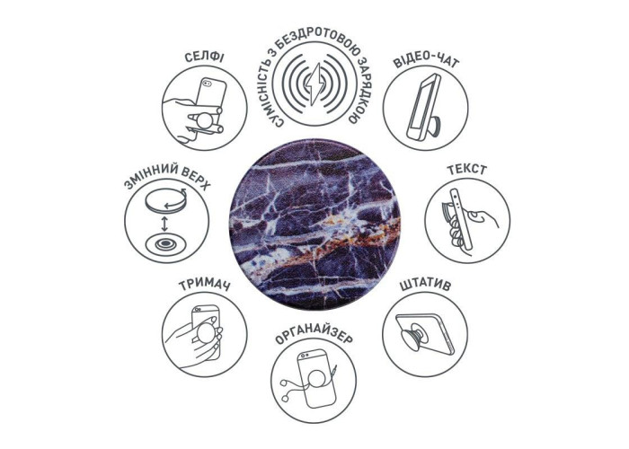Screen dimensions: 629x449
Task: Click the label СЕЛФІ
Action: pyautogui.click(x=204, y=57)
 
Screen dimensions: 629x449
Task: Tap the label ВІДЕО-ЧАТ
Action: pyautogui.click(x=425, y=61)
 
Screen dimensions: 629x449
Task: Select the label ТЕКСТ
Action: pyautogui.click(x=467, y=170)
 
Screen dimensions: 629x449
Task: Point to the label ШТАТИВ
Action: pyautogui.click(x=425, y=286)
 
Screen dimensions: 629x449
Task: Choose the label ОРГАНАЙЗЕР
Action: pyautogui.click(x=314, y=338)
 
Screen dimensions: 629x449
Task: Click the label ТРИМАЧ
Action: pyautogui.click(x=204, y=286)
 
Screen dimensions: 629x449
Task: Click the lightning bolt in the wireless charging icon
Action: pyautogui.click(x=314, y=84)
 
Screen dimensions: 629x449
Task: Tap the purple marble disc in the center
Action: pyautogui.click(x=314, y=224)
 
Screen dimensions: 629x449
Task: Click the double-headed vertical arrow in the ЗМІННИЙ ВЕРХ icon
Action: pyautogui.click(x=164, y=224)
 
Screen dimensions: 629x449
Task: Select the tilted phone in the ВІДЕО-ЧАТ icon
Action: pyautogui.click(x=423, y=106)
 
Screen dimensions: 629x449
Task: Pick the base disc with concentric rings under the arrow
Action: pyautogui.click(x=164, y=243)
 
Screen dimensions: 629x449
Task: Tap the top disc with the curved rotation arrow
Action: pyautogui.click(x=165, y=199)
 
